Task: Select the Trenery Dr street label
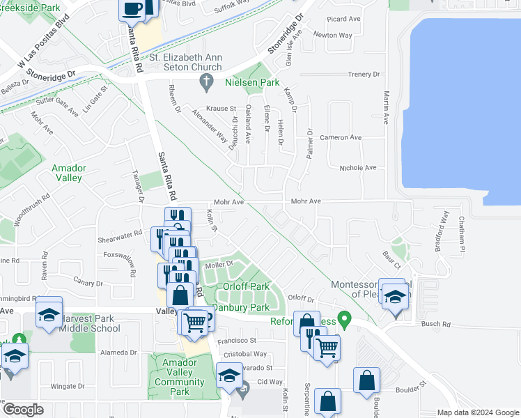pos(363,74)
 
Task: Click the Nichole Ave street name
pos(357,168)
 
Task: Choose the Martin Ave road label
pos(385,108)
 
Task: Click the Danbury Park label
pos(240,307)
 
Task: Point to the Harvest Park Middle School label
pos(90,323)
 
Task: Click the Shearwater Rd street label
pos(119,234)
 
